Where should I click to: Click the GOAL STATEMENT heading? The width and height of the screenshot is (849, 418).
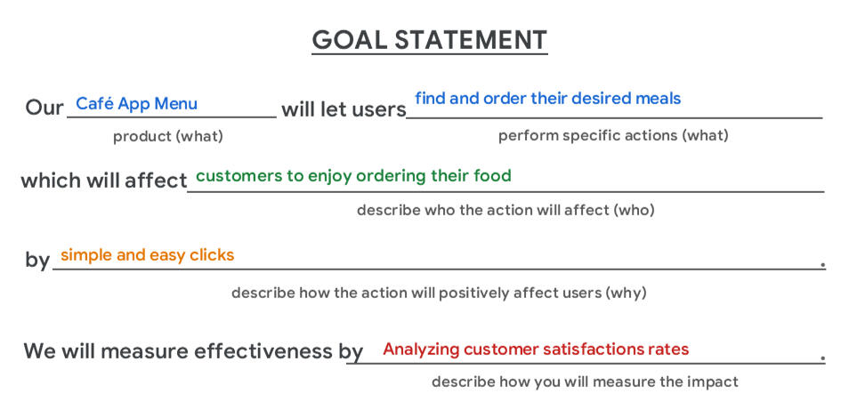coord(429,40)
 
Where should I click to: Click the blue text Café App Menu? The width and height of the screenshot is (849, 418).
coord(136,104)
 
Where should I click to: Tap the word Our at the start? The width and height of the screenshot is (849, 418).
coord(44,109)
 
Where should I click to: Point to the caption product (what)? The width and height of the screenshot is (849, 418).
coord(167,136)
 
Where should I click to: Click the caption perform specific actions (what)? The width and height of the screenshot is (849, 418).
coord(613,135)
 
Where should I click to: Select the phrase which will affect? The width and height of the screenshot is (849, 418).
coord(103,181)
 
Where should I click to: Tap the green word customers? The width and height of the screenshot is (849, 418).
coord(230,175)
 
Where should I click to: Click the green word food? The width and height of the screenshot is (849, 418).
coord(493,175)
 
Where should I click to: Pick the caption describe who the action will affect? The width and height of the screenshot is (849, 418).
coord(505,211)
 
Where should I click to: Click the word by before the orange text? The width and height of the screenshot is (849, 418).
coord(37,261)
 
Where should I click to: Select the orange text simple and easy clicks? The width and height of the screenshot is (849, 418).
coord(147,255)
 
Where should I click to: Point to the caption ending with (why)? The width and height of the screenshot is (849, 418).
coord(439,293)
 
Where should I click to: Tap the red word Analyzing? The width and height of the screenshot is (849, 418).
coord(421,350)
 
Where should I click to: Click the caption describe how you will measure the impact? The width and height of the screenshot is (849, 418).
coord(585,382)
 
